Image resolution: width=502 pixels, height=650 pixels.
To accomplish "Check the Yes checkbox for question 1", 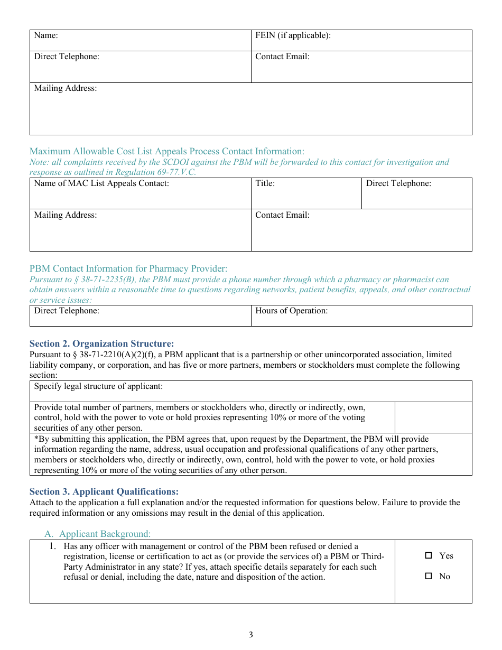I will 429,556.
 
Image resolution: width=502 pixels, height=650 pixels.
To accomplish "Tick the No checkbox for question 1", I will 429,577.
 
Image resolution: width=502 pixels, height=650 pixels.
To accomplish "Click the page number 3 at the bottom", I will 250,635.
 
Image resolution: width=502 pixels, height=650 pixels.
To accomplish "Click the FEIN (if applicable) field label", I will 293,36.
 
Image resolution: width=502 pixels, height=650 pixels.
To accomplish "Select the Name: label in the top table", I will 46,36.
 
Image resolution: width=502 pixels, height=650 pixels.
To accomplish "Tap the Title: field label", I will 265,184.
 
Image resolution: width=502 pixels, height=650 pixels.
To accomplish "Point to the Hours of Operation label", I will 291,311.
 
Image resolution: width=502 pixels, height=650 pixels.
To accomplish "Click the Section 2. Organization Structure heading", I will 101,343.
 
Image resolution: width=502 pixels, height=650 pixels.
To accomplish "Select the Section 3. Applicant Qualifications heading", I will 104,491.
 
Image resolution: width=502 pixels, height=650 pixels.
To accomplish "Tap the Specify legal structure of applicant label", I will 98,386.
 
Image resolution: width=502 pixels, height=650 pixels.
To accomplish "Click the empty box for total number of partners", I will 433,417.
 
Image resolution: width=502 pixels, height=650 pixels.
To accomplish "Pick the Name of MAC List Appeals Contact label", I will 101,184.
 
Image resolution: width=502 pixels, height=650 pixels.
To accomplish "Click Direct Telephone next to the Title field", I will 398,184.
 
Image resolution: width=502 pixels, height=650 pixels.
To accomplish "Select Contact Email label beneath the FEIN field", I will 282,57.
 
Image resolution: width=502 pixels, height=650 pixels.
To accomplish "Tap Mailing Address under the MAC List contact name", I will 66,215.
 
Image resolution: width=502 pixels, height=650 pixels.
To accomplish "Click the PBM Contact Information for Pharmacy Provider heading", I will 128,268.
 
